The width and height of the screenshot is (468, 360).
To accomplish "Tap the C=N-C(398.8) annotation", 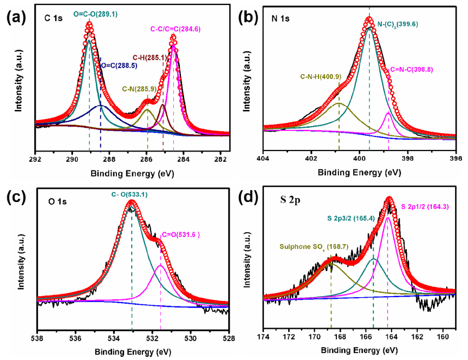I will pos(411,69).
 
